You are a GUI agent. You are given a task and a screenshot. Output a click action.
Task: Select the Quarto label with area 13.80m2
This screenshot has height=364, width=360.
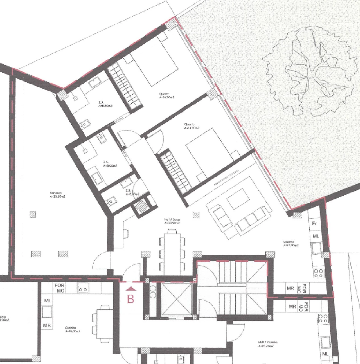tap(192, 126)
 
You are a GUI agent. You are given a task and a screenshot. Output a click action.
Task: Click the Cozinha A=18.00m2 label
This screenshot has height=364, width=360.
tap(73, 329)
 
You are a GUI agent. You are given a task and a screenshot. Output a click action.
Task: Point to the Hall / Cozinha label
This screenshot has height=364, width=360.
tap(267, 344)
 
